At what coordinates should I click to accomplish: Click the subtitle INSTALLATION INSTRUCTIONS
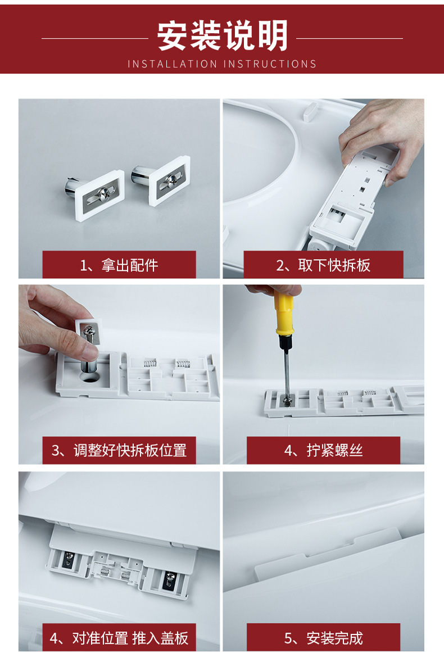click(x=222, y=64)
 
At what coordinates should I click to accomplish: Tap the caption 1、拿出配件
click(x=119, y=265)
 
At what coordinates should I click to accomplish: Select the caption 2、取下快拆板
click(x=323, y=265)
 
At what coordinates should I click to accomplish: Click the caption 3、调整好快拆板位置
click(x=119, y=450)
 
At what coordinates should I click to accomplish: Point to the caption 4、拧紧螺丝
click(x=323, y=450)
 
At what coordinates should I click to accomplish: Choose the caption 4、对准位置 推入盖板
click(x=119, y=638)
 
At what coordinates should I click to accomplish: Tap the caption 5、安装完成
click(x=323, y=638)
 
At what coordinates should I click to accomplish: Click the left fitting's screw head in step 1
click(x=103, y=194)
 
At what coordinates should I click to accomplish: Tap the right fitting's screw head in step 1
click(x=170, y=180)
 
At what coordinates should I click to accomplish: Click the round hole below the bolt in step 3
click(x=89, y=377)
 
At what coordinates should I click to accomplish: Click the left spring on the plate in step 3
click(x=149, y=363)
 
